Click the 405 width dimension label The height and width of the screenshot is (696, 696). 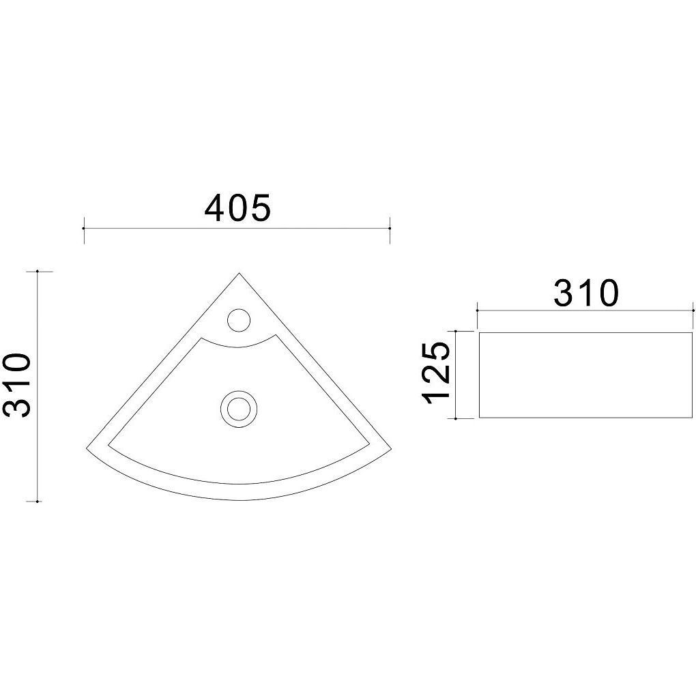point(237,207)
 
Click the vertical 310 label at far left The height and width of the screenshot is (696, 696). point(17,386)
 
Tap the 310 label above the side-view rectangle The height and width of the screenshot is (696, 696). point(586,293)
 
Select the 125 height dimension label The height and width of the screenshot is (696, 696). point(437,373)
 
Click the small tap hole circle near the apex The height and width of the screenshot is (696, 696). point(239,320)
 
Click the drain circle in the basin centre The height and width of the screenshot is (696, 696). point(239,409)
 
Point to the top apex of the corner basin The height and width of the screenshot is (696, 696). point(239,273)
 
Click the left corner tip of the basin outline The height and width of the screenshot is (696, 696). point(86,448)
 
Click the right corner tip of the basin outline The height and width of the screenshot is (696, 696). point(392,450)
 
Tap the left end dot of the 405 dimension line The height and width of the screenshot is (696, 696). point(84,228)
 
